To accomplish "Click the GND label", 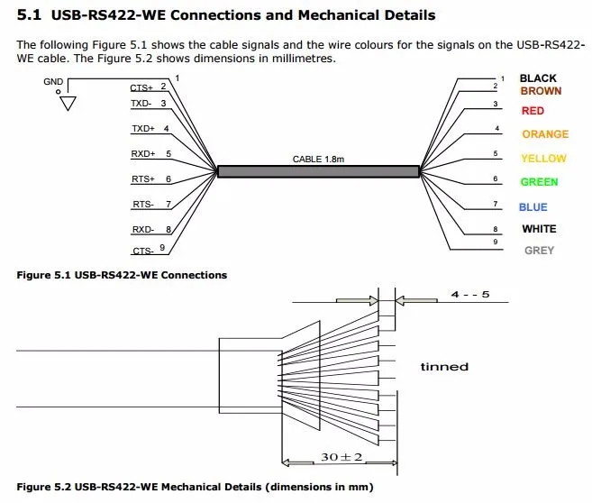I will tap(53, 81).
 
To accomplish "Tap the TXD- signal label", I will tap(142, 104).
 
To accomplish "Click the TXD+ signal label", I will tap(143, 129).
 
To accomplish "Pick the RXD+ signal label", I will tap(143, 154).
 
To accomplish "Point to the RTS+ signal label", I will tap(143, 179).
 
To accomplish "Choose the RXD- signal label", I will tap(143, 230).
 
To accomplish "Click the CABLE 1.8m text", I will tap(318, 159).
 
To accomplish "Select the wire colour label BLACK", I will tap(538, 78).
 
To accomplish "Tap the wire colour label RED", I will tap(533, 111).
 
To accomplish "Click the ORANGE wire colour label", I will tap(545, 134).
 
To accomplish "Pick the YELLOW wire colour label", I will tap(543, 159).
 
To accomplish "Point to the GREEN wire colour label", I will tap(539, 182).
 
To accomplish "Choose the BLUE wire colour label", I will tap(533, 207).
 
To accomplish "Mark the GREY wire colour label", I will tap(539, 251).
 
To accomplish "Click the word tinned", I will tap(444, 367).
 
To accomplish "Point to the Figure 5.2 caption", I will tap(195, 488).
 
